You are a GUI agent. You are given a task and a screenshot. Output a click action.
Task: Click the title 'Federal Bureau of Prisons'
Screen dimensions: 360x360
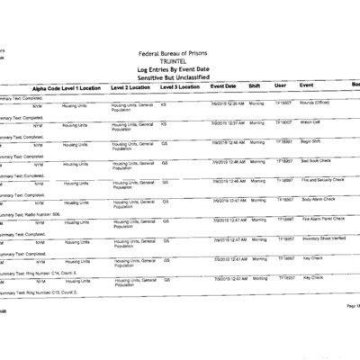click(x=180, y=55)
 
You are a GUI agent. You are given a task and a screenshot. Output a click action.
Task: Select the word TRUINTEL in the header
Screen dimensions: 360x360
click(x=180, y=63)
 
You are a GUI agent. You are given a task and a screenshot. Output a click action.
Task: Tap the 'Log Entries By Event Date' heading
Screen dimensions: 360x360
click(x=180, y=70)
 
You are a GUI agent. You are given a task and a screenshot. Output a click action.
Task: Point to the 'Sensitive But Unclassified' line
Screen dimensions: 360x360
click(x=180, y=78)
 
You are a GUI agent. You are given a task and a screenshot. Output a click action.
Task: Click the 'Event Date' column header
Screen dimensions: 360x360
click(x=223, y=86)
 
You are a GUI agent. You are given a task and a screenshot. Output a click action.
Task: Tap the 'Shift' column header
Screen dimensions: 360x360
click(x=255, y=86)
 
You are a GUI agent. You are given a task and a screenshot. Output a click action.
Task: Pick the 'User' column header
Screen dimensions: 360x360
click(x=280, y=86)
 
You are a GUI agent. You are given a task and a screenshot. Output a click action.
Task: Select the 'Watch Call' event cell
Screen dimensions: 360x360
click(x=310, y=122)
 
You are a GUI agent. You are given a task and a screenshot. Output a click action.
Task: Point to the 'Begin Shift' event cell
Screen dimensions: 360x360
click(x=310, y=141)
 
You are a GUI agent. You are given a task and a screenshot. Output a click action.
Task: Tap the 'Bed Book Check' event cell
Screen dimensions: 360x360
click(x=315, y=160)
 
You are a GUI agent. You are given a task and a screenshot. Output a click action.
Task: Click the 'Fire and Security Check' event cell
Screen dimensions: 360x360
click(x=321, y=180)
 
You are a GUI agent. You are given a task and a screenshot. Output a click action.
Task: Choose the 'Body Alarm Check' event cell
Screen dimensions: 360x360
click(x=317, y=199)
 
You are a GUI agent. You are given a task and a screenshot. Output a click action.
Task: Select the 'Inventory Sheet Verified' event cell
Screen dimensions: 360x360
click(x=322, y=238)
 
